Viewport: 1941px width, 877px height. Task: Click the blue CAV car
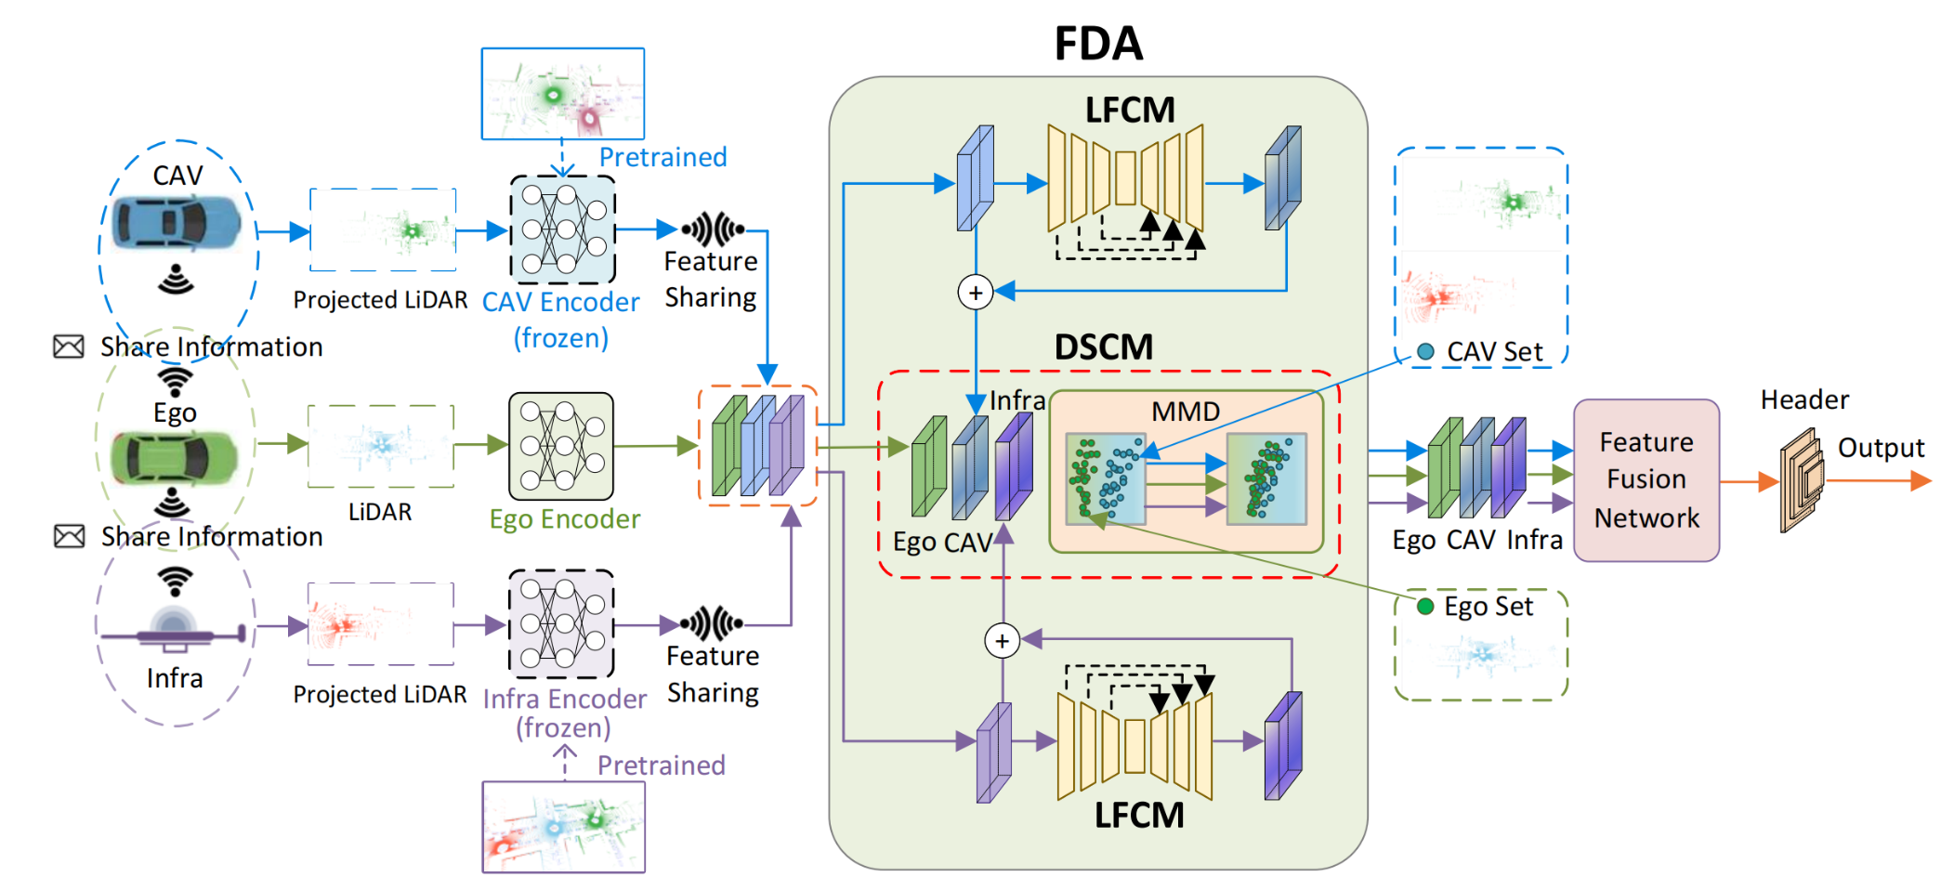[x=177, y=225]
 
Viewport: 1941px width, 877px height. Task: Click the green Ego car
[x=174, y=457]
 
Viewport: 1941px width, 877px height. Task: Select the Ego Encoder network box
[x=561, y=446]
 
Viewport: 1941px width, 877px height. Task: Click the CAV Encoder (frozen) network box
[x=562, y=229]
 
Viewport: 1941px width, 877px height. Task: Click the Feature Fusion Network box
[x=1646, y=479]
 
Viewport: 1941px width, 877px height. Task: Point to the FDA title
[x=1098, y=44]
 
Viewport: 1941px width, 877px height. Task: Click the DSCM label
[x=1103, y=347]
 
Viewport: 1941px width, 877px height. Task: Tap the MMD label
[x=1185, y=411]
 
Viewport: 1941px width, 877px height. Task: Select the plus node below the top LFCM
[x=976, y=293]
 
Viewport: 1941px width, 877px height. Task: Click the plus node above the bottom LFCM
[x=1002, y=640]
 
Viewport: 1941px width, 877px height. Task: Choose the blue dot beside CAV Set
[x=1425, y=351]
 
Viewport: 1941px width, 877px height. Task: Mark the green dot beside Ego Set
[x=1424, y=607]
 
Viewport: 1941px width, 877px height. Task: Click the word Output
[x=1881, y=448]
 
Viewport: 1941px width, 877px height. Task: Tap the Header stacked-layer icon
[x=1802, y=479]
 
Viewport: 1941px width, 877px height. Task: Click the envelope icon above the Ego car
[x=69, y=347]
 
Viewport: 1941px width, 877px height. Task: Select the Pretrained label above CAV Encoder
[x=662, y=157]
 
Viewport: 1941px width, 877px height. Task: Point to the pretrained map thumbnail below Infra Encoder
[x=563, y=827]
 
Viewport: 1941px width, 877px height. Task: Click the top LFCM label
[x=1130, y=111]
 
